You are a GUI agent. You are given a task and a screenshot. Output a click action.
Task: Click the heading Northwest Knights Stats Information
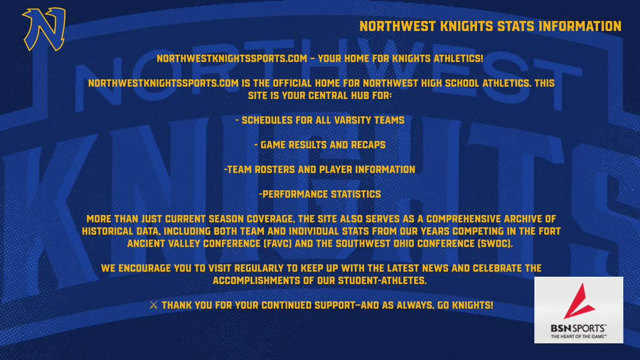[490, 26]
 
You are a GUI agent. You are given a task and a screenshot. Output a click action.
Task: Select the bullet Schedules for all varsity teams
[319, 120]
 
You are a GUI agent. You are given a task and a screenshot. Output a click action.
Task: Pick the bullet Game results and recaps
[319, 145]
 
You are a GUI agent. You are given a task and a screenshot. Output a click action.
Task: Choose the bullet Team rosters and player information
[319, 170]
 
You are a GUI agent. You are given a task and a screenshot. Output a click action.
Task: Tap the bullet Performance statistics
[319, 194]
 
